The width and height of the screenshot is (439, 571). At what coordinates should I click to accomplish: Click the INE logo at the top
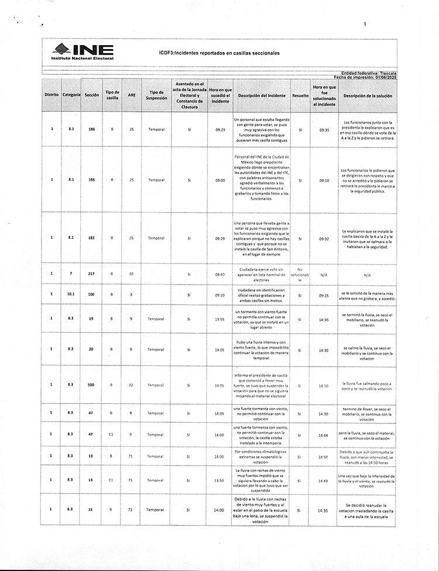83,52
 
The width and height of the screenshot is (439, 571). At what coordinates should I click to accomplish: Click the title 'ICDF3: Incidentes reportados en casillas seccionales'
219,53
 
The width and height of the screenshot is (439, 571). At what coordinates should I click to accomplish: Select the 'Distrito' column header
52,95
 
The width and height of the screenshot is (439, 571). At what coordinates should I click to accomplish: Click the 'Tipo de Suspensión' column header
155,95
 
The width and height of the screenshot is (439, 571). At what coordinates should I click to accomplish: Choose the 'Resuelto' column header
300,95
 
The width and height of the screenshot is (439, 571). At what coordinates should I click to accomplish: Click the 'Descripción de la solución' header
368,95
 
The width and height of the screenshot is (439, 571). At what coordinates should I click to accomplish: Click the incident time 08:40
220,274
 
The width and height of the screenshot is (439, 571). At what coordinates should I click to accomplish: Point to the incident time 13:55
220,319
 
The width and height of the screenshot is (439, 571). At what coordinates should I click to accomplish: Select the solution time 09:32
324,238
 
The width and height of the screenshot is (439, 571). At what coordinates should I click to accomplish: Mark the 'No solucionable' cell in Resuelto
300,274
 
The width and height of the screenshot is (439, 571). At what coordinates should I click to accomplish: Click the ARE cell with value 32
132,385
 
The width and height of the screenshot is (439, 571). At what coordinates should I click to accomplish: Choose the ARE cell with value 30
132,274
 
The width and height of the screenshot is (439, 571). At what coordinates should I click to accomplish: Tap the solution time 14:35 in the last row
324,510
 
